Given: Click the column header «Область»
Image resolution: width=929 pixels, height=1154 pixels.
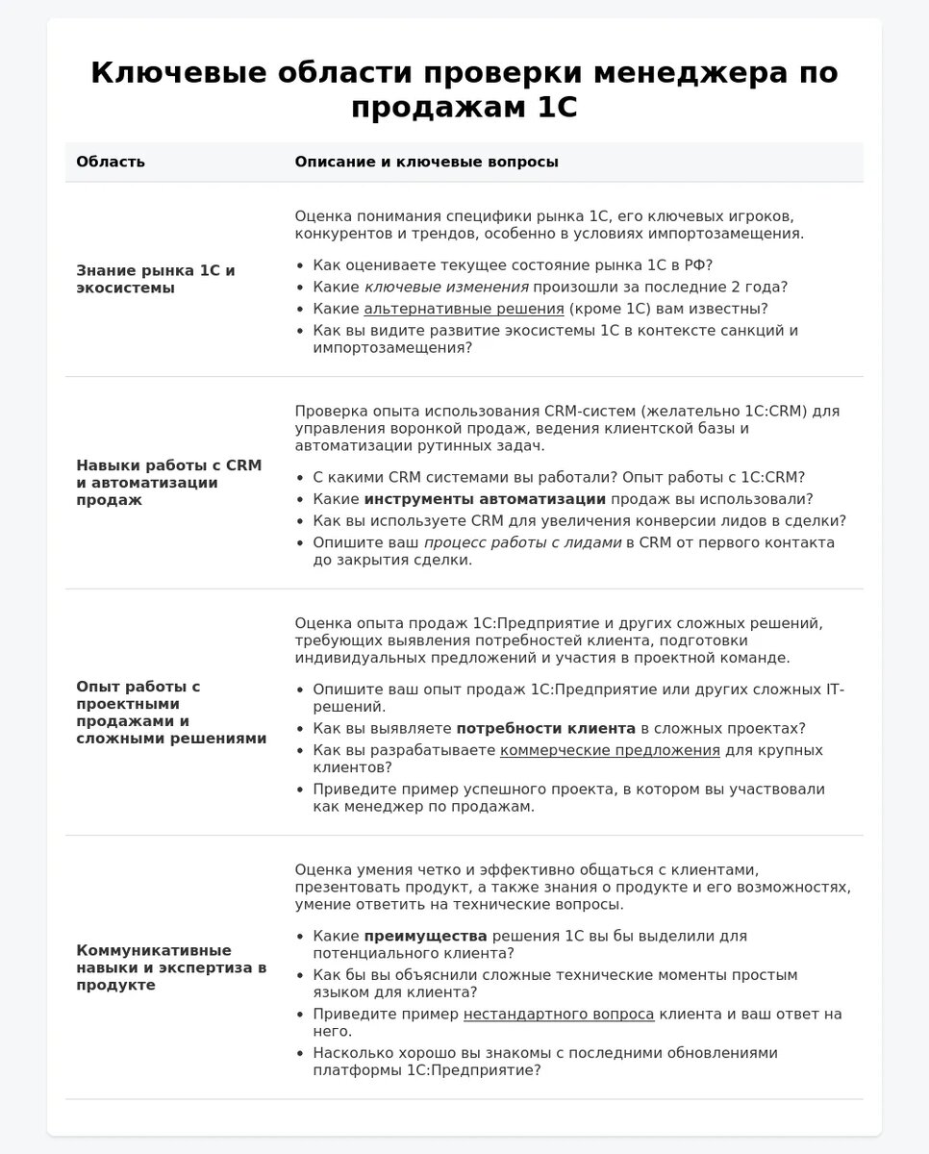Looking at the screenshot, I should click(111, 162).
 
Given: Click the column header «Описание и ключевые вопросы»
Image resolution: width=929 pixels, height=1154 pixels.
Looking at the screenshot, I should click(426, 162).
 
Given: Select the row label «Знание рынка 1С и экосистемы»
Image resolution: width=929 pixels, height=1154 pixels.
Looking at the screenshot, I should click(156, 279).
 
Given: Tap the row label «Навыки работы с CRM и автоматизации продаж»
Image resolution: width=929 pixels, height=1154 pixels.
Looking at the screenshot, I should click(168, 483).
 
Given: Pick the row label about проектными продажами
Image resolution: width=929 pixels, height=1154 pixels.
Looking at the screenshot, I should click(171, 713).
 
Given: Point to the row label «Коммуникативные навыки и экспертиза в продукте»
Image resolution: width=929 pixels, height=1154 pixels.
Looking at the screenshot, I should click(171, 967).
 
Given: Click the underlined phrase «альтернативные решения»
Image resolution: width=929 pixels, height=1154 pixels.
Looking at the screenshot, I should click(464, 309).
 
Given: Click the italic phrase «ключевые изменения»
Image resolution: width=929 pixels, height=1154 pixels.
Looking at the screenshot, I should click(446, 287).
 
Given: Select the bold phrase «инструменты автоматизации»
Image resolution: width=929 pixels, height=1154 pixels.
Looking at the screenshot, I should click(485, 499).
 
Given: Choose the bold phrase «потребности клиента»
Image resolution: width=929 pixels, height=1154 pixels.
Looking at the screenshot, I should click(545, 728).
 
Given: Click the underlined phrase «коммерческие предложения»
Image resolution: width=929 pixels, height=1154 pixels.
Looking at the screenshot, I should click(610, 750).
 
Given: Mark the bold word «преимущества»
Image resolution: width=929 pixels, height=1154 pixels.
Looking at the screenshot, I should click(425, 936).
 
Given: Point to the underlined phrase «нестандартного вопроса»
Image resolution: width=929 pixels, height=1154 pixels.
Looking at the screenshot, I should click(559, 1014).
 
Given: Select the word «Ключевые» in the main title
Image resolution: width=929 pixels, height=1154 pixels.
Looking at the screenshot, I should click(178, 73).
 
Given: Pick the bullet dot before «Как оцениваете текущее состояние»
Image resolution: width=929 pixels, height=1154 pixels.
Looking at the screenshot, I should click(302, 265).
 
